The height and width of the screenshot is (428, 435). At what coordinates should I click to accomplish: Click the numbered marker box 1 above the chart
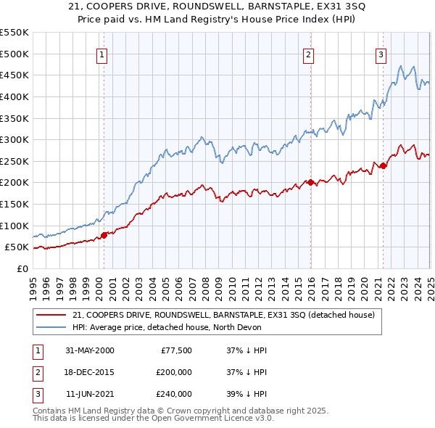click(101, 54)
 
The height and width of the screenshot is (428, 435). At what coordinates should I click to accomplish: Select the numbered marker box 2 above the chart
click(309, 54)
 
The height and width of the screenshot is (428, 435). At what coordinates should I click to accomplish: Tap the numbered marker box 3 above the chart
click(381, 54)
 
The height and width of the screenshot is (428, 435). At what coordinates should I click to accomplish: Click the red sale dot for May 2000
click(104, 234)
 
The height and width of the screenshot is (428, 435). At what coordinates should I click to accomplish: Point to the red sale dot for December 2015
click(310, 182)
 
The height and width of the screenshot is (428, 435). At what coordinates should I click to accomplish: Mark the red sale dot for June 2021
click(383, 165)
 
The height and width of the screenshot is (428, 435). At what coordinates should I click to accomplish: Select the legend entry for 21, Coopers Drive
click(223, 315)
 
